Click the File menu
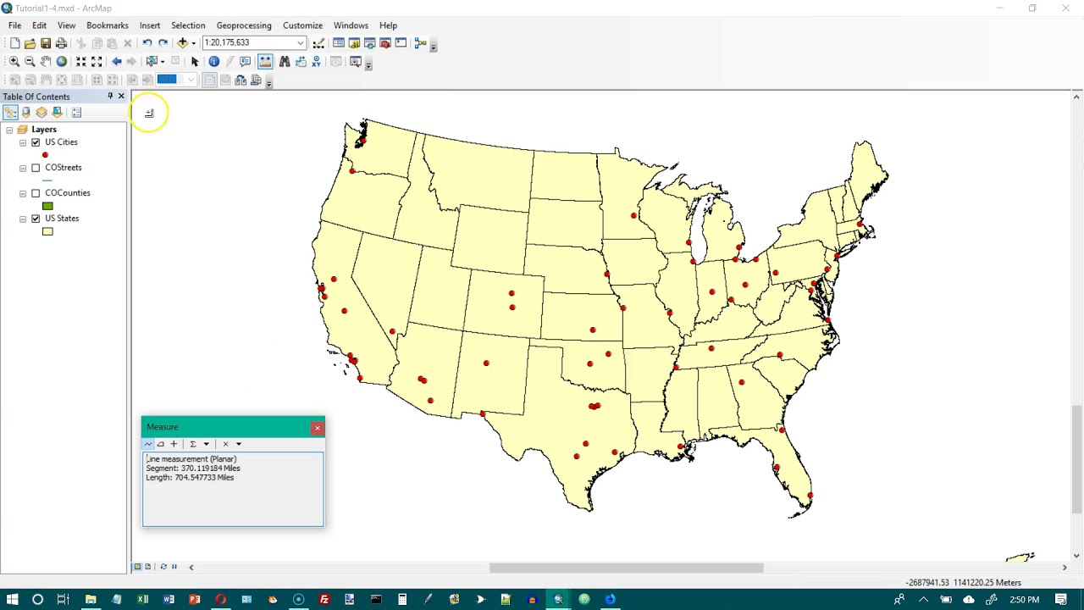tap(14, 25)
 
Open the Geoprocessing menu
tap(244, 25)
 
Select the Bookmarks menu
tap(108, 25)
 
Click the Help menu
tap(388, 25)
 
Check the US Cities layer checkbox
tap(36, 142)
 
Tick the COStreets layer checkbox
tap(36, 168)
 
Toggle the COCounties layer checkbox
tap(36, 193)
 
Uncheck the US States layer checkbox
tap(36, 219)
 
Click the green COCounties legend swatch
tap(47, 206)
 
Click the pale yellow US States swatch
tap(47, 231)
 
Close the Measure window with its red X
tap(318, 428)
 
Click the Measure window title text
tap(163, 427)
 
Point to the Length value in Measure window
tap(203, 478)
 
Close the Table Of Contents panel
tap(121, 97)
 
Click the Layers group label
tap(44, 130)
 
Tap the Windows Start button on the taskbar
tap(12, 600)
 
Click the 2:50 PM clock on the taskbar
tap(1024, 600)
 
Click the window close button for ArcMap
tap(1065, 8)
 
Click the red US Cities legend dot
tap(45, 155)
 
